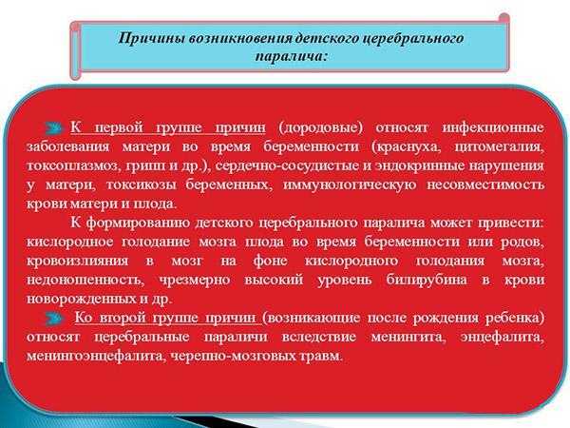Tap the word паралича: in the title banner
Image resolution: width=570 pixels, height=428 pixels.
pyautogui.click(x=292, y=57)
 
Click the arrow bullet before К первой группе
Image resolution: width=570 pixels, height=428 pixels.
pyautogui.click(x=54, y=127)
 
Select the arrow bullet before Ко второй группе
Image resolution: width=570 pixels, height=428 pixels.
pyautogui.click(x=55, y=319)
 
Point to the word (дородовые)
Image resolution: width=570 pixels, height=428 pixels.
pyautogui.click(x=320, y=128)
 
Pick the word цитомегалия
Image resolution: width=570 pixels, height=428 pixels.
pyautogui.click(x=500, y=147)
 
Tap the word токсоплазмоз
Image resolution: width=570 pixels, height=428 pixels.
pyautogui.click(x=73, y=165)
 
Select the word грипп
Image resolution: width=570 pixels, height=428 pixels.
pyautogui.click(x=144, y=166)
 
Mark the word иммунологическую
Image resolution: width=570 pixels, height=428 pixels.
pyautogui.click(x=350, y=185)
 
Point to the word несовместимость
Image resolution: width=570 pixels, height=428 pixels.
pyautogui.click(x=485, y=185)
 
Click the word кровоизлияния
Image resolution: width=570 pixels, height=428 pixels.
pyautogui.click(x=78, y=261)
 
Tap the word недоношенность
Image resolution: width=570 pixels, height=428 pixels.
pyautogui.click(x=85, y=280)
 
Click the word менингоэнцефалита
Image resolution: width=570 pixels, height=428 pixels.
pyautogui.click(x=94, y=356)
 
